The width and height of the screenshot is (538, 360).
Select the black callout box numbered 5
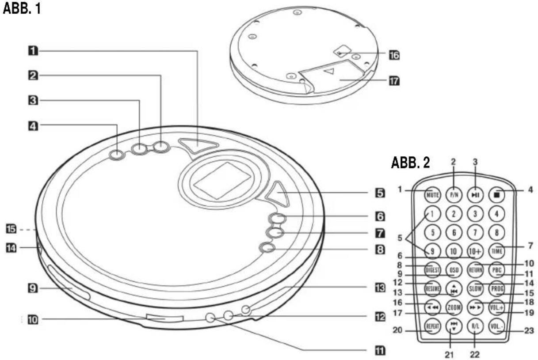(379, 193)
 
